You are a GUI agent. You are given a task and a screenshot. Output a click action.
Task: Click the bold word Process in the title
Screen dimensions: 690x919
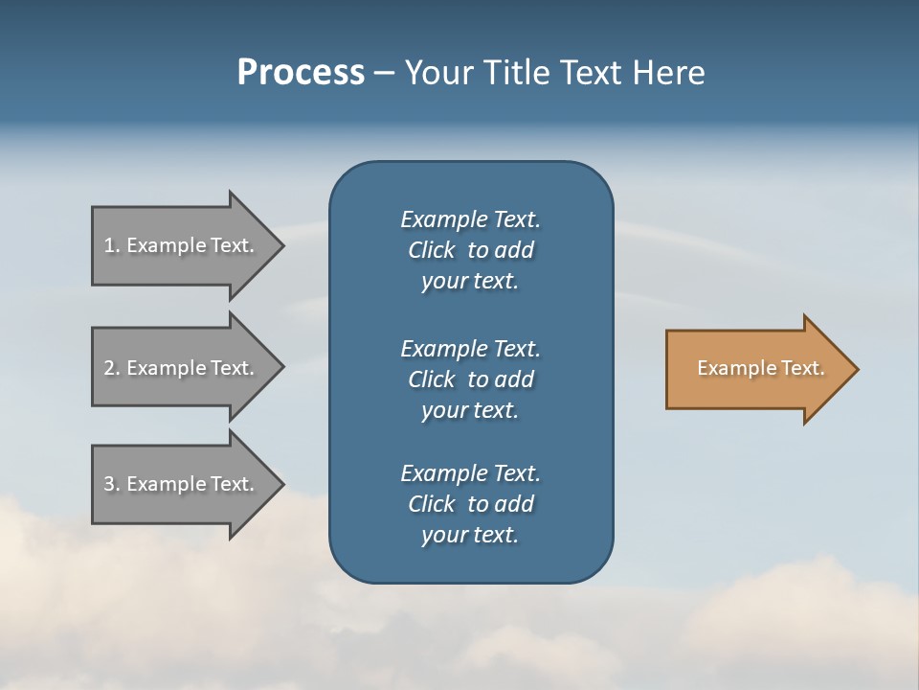301,73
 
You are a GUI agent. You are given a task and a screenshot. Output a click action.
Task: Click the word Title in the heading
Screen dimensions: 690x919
514,73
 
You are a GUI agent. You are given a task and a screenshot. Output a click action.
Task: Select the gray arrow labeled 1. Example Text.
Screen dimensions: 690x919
182,245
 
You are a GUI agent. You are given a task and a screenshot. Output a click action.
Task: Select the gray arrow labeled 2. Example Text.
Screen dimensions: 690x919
182,368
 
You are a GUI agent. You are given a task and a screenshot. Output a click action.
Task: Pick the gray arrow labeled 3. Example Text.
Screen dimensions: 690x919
182,484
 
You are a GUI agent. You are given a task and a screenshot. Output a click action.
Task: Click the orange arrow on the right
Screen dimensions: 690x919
756,369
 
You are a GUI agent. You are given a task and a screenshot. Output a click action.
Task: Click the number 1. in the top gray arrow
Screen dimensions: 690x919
111,246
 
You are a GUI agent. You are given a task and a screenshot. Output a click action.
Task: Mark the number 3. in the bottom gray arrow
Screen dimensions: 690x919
111,485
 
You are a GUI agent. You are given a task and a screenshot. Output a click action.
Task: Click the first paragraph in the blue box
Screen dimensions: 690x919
470,250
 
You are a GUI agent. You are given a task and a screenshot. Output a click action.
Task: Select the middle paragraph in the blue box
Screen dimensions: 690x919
470,379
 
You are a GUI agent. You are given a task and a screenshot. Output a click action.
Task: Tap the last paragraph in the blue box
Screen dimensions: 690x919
470,504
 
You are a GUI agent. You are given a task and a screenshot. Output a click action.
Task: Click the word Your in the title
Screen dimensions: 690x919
437,73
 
